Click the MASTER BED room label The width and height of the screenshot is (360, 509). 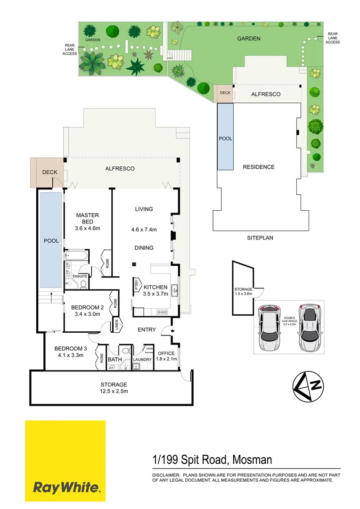pyautogui.click(x=88, y=219)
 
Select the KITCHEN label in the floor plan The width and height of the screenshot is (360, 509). pyautogui.click(x=155, y=287)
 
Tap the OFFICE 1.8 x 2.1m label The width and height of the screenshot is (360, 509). pyautogui.click(x=166, y=356)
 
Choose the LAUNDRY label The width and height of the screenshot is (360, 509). pyautogui.click(x=142, y=360)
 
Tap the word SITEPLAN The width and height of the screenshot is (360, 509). pyautogui.click(x=260, y=238)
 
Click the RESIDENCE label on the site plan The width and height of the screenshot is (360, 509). pyautogui.click(x=258, y=167)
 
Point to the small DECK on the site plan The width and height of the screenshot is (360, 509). pyautogui.click(x=225, y=93)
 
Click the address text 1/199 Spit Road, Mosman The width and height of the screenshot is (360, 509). pyautogui.click(x=212, y=460)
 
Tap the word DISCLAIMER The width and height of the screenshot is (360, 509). pyautogui.click(x=165, y=475)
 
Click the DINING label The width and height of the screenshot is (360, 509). pyautogui.click(x=144, y=247)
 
